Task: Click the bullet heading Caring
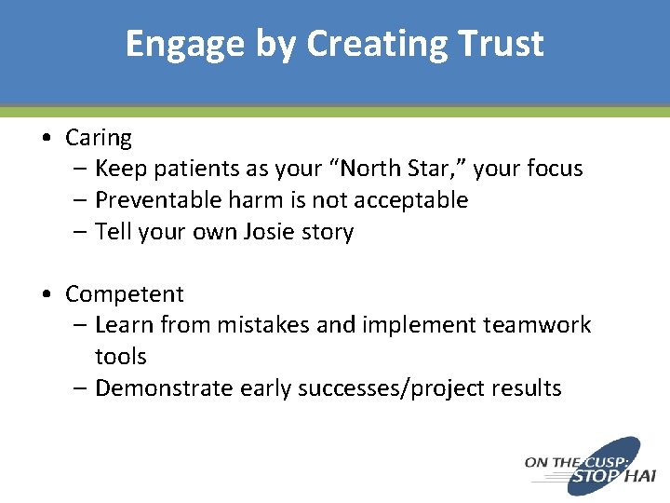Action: [99, 138]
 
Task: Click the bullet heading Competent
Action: [125, 294]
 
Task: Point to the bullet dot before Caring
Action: [47, 139]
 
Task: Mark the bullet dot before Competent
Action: [47, 295]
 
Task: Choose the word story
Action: [329, 232]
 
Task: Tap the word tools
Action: [121, 357]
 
